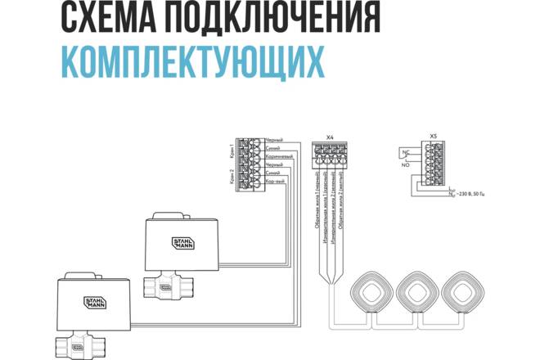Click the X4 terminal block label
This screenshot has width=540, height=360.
330,137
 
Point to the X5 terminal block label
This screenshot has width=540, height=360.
434,137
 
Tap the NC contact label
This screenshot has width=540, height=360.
404,152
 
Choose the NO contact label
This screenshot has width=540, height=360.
404,164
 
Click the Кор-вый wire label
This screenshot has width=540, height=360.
275,182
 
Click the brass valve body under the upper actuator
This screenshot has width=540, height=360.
169,286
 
